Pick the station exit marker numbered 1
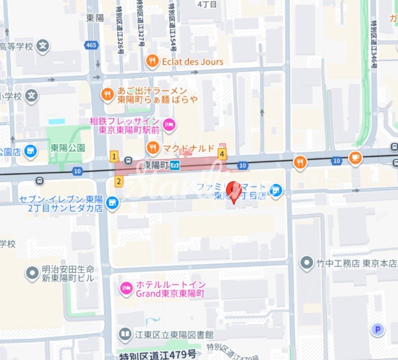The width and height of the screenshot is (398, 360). coord(114,157)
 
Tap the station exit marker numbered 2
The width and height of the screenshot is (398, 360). coord(119,181)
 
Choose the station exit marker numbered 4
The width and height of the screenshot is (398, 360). coord(222,154)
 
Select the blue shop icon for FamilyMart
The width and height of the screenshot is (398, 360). coord(275,190)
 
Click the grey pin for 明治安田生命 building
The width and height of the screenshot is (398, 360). coord(32,274)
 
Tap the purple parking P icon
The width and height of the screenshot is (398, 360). coord(377,329)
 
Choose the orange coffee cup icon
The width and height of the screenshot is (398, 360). coord(355,157)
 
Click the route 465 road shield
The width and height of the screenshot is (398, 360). coord(91,45)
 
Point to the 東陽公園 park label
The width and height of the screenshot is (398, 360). coord(68,148)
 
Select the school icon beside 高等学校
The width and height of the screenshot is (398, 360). coord(44,46)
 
